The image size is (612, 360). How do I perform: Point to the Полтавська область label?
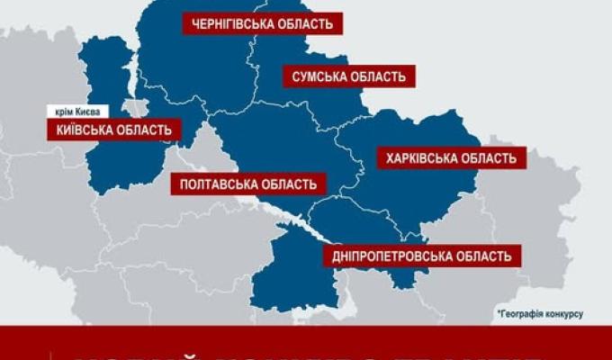coord(247,184)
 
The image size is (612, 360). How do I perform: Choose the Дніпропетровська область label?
coord(421,256)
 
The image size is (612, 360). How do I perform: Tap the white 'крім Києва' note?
coord(79,111)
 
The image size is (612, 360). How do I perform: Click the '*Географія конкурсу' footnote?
coord(540,313)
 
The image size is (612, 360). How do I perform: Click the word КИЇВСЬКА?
coord(78,130)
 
